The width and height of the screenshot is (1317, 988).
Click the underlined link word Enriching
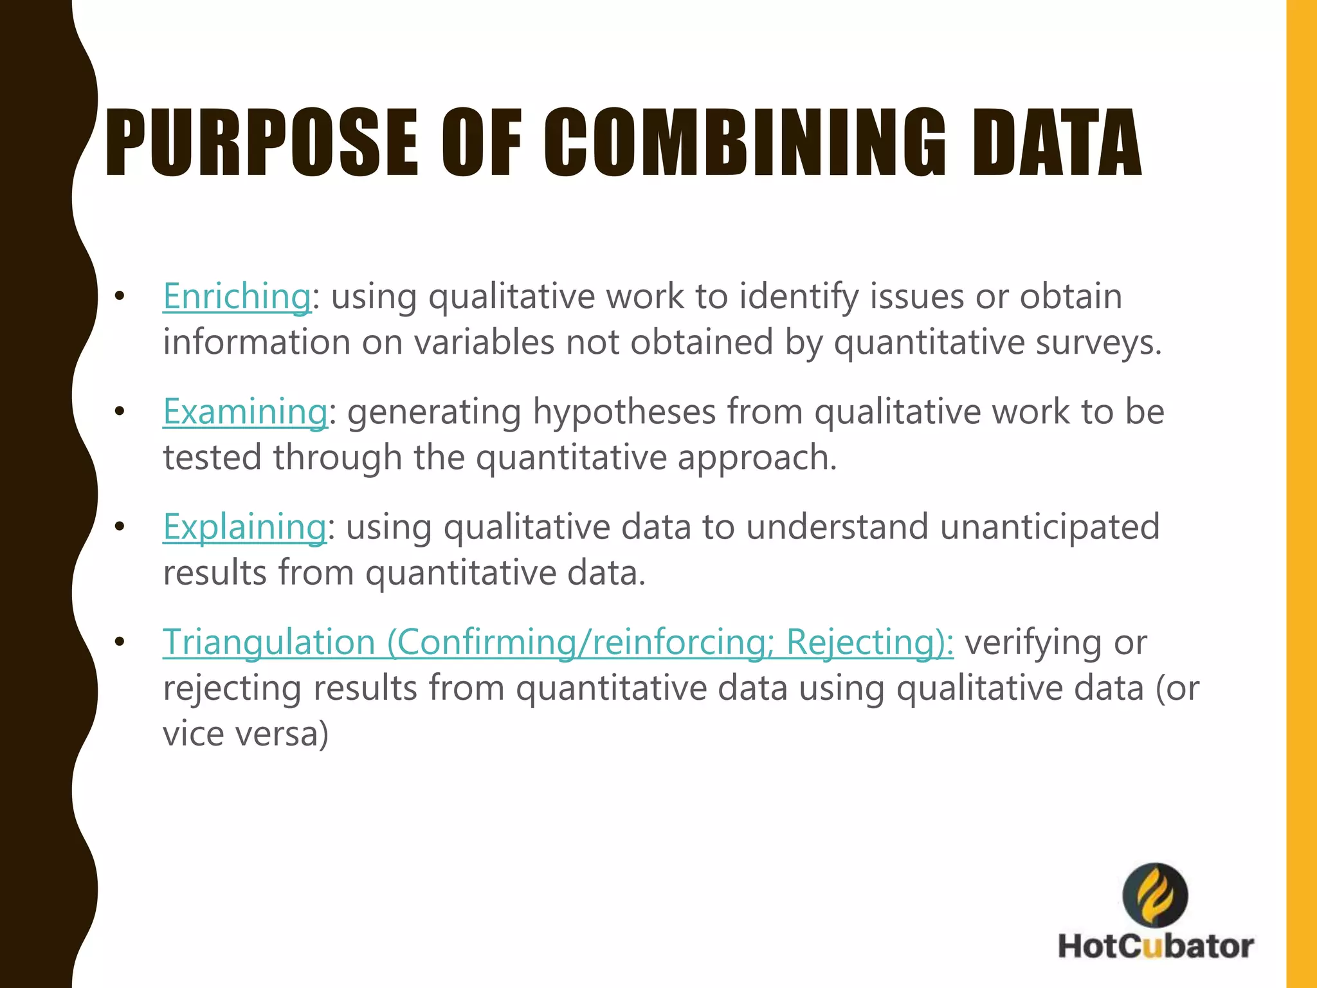point(237,297)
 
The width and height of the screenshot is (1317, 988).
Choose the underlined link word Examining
point(245,412)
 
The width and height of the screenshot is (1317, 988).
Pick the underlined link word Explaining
point(244,527)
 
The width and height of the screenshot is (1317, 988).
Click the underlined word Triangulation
point(269,642)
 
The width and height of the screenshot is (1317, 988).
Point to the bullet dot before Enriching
point(119,297)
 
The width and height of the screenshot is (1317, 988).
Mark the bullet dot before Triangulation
point(119,642)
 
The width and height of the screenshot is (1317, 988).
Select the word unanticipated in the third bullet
point(1049,527)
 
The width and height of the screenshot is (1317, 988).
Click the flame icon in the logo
point(1155,895)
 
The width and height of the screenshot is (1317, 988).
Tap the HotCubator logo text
point(1156,946)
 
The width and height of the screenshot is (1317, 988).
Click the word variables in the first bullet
point(484,342)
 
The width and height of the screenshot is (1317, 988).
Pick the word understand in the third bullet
point(837,527)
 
